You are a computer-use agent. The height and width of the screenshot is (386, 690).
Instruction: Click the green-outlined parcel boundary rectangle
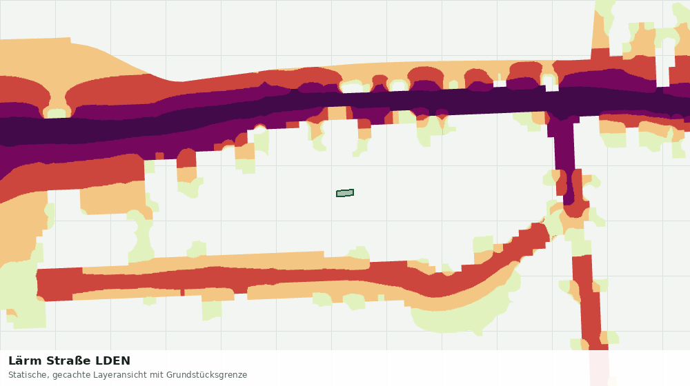click(345, 193)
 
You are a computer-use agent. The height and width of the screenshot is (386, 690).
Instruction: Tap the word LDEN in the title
click(113, 361)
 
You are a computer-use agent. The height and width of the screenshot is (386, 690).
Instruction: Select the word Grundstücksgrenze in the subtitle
click(206, 375)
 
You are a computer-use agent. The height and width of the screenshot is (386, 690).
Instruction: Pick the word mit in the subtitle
click(157, 375)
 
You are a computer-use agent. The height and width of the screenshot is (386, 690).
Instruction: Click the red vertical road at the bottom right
click(589, 299)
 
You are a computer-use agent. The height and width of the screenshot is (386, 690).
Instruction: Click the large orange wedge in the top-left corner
click(66, 57)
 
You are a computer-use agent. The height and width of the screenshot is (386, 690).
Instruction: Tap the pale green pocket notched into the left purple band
click(57, 113)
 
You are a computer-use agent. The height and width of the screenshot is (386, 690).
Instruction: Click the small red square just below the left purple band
click(159, 156)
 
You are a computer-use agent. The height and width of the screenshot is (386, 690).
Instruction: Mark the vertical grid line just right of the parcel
click(387, 175)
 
